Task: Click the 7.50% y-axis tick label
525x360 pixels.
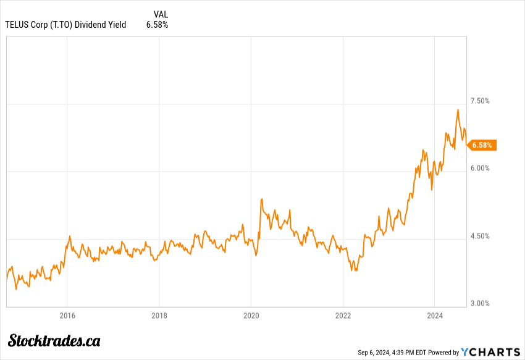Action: [480, 101]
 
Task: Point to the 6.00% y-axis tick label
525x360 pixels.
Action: [480, 168]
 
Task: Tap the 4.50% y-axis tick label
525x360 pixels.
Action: [480, 236]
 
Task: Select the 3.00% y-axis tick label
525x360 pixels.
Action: [480, 303]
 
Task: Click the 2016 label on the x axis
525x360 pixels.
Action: [67, 316]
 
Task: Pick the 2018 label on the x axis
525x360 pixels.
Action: [159, 316]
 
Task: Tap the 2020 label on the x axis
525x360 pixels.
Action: [251, 316]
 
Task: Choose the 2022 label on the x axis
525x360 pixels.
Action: [343, 316]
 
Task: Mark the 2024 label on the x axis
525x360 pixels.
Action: [434, 316]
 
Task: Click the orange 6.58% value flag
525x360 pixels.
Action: [482, 145]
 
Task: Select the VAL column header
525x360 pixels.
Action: [161, 14]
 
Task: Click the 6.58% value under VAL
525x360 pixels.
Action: [157, 25]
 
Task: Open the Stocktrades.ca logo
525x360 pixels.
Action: [54, 340]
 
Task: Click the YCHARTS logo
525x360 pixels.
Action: [492, 352]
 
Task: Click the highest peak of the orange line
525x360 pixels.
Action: [458, 110]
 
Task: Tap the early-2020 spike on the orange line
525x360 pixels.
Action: [262, 199]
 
